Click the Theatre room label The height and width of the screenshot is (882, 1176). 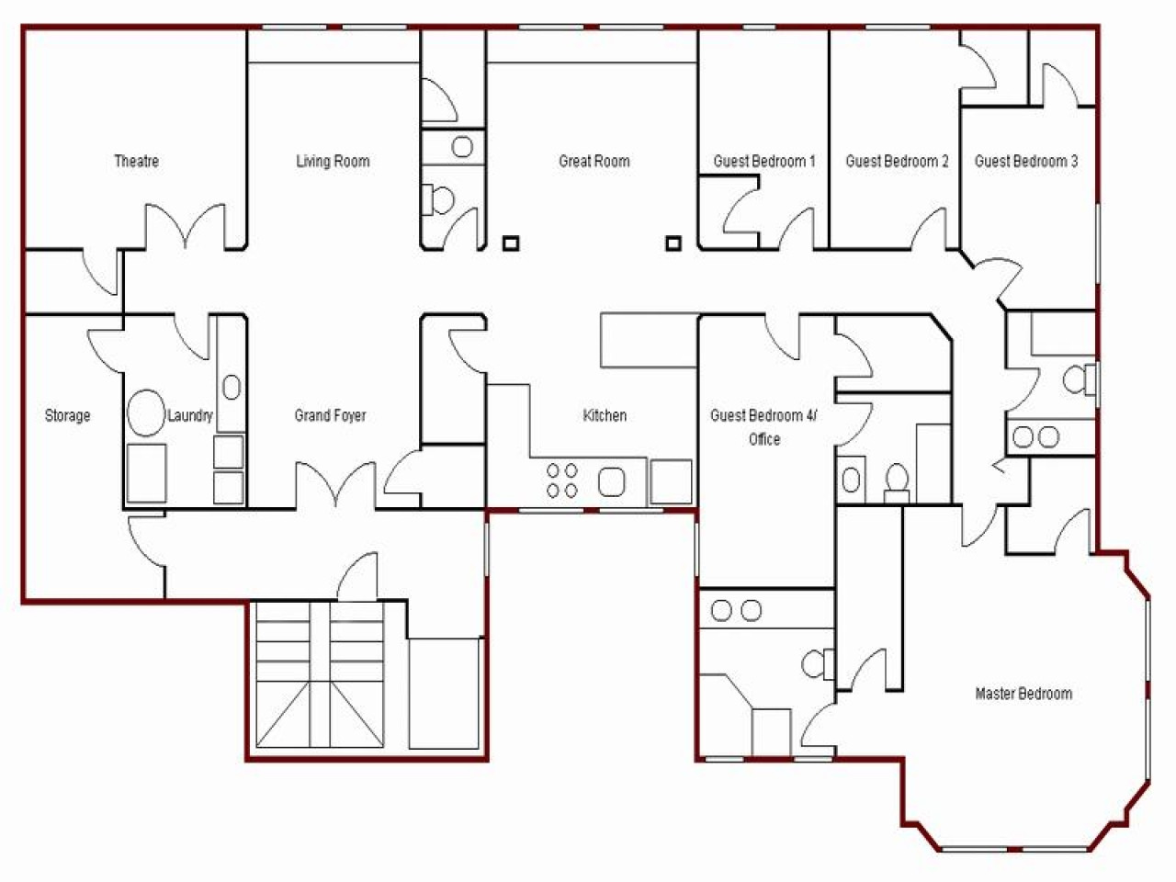click(136, 162)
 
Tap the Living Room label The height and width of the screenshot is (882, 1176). click(333, 162)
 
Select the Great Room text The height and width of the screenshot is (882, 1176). click(594, 162)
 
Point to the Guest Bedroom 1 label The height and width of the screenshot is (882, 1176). click(764, 162)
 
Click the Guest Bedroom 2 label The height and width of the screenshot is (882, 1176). click(897, 162)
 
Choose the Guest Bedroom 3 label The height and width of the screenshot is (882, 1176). click(1026, 162)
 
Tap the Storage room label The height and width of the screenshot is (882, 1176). click(68, 416)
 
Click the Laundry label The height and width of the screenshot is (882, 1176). click(190, 416)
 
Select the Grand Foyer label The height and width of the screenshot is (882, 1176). click(330, 416)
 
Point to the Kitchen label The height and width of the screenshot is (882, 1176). click(605, 416)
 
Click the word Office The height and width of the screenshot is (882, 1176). click(764, 440)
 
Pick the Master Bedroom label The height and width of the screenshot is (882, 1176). click(1023, 694)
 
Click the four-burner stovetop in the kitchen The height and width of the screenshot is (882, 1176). click(562, 481)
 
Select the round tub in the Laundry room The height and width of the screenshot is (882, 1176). click(144, 413)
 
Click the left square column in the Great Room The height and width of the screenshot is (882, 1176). click(511, 243)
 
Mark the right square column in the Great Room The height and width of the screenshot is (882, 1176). click(674, 243)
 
